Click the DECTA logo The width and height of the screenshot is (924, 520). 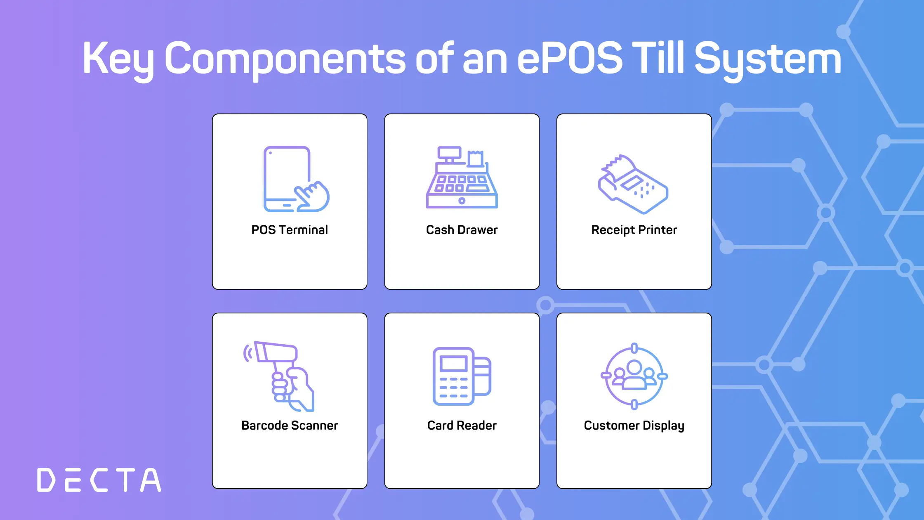tap(99, 480)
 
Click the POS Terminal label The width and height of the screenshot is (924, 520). tap(290, 230)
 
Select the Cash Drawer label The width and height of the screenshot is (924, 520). tap(462, 230)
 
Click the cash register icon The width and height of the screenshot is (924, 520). tap(462, 177)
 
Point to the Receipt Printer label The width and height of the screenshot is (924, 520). tap(634, 230)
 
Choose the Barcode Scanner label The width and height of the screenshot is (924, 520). tap(290, 425)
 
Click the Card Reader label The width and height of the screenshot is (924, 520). tap(462, 425)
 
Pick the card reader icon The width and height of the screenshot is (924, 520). tap(462, 376)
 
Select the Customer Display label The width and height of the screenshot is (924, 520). tap(634, 426)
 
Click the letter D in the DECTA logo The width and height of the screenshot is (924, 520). tap(46, 480)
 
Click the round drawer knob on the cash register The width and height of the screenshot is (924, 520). tap(462, 201)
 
